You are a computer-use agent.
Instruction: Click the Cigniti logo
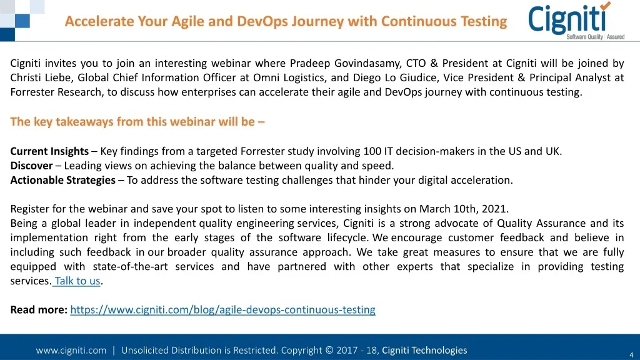576,21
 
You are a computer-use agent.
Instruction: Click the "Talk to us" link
77,281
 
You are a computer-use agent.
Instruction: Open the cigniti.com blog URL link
223,310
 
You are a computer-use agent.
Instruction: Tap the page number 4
631,355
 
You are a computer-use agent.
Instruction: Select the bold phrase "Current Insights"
49,151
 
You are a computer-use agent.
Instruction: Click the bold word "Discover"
31,166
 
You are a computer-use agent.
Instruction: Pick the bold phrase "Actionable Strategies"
63,180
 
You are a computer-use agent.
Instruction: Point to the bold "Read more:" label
39,310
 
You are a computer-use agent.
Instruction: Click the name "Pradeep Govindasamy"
345,63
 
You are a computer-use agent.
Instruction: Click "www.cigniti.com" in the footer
71,350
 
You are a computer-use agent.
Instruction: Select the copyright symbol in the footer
329,350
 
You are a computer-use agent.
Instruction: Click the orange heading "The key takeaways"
137,122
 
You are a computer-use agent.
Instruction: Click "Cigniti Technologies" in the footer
424,350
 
